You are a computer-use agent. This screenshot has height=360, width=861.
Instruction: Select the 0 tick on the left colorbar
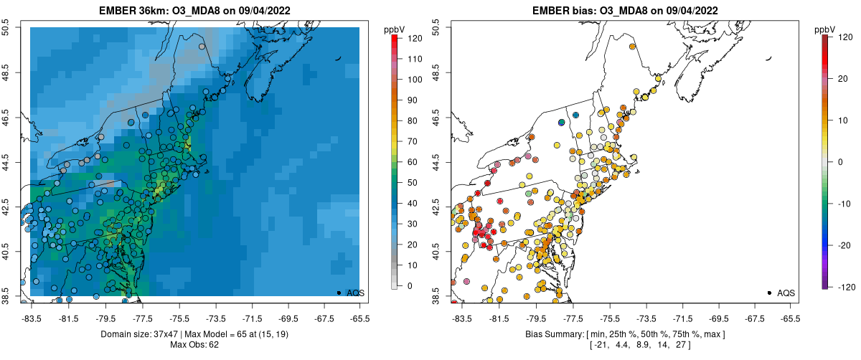tap(410, 285)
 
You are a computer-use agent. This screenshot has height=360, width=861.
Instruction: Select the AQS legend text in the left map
tap(356, 293)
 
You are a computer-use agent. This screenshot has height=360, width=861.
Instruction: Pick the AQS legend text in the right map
tap(786, 293)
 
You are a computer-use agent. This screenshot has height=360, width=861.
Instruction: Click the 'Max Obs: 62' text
tap(194, 345)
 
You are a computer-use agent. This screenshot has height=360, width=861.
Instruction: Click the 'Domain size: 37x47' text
tap(131, 335)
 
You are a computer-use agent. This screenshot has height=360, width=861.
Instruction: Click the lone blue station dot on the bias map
tap(562, 123)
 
